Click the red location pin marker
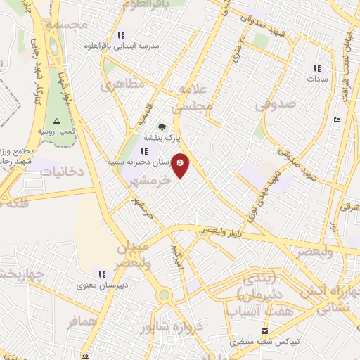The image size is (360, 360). (181, 165)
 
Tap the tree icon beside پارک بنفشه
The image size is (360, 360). (163, 127)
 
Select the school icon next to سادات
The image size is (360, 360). (318, 68)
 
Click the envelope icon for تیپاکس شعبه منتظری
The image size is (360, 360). (264, 331)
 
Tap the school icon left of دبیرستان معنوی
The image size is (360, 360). (103, 274)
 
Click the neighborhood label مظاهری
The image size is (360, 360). (121, 84)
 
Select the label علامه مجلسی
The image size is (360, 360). (195, 98)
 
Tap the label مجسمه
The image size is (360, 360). (67, 24)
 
